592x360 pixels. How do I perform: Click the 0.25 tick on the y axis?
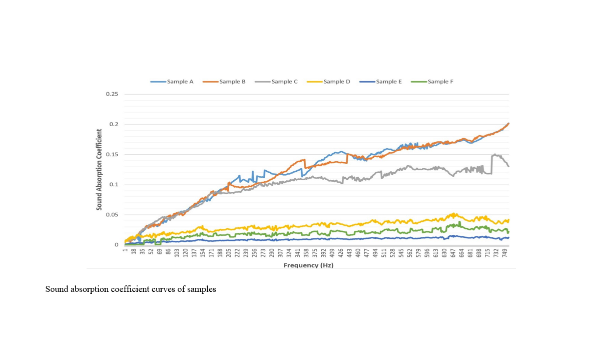[x=112, y=94]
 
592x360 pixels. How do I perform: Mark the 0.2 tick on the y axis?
[x=114, y=124]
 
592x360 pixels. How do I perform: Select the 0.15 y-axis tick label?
[x=112, y=154]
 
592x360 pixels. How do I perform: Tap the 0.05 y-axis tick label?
[x=112, y=215]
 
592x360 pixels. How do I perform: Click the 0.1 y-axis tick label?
[x=114, y=185]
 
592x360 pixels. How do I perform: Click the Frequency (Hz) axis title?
[x=308, y=265]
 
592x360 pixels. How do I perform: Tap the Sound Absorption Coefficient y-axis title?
[x=100, y=170]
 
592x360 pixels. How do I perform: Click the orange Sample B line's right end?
[x=508, y=123]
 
